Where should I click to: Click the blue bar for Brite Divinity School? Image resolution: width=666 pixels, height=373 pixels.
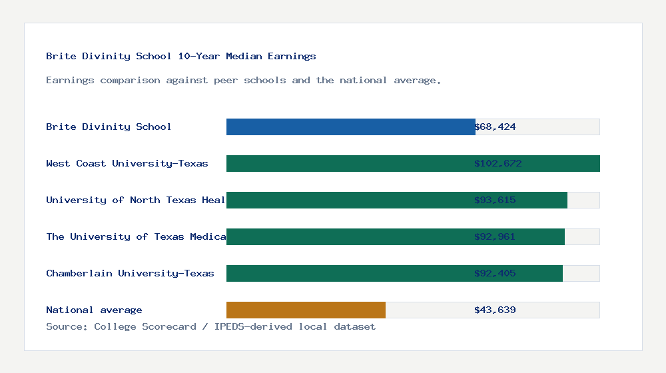[x=350, y=127]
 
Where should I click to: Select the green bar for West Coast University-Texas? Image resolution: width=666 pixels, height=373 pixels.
[x=413, y=163]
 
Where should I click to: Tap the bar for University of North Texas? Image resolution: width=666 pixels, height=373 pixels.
[x=396, y=200]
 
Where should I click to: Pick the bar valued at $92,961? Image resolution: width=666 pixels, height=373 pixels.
[x=395, y=236]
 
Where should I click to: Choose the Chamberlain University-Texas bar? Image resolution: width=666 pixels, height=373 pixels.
[x=394, y=273]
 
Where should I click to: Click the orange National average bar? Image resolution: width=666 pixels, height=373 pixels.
[x=306, y=310]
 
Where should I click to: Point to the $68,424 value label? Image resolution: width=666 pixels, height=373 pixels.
[x=495, y=127]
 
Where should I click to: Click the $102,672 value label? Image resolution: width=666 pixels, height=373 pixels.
[x=498, y=163]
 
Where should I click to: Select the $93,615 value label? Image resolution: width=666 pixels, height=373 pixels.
[x=495, y=200]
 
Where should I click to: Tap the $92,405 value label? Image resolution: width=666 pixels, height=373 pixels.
[x=495, y=273]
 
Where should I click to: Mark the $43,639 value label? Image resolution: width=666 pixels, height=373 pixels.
[x=495, y=310]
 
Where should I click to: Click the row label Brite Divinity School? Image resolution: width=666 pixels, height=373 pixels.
[x=109, y=127]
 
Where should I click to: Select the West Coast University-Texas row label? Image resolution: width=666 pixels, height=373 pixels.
[x=127, y=163]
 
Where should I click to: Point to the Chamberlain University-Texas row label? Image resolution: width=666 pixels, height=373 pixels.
[x=130, y=273]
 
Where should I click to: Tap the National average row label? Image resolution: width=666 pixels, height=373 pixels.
[x=94, y=310]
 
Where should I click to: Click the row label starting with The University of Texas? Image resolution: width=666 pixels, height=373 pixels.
[x=136, y=236]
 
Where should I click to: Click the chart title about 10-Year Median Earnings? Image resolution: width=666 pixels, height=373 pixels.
[x=181, y=56]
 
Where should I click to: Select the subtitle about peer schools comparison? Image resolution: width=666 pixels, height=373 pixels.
[x=244, y=80]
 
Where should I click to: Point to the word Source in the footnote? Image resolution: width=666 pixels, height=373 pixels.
[x=65, y=326]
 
